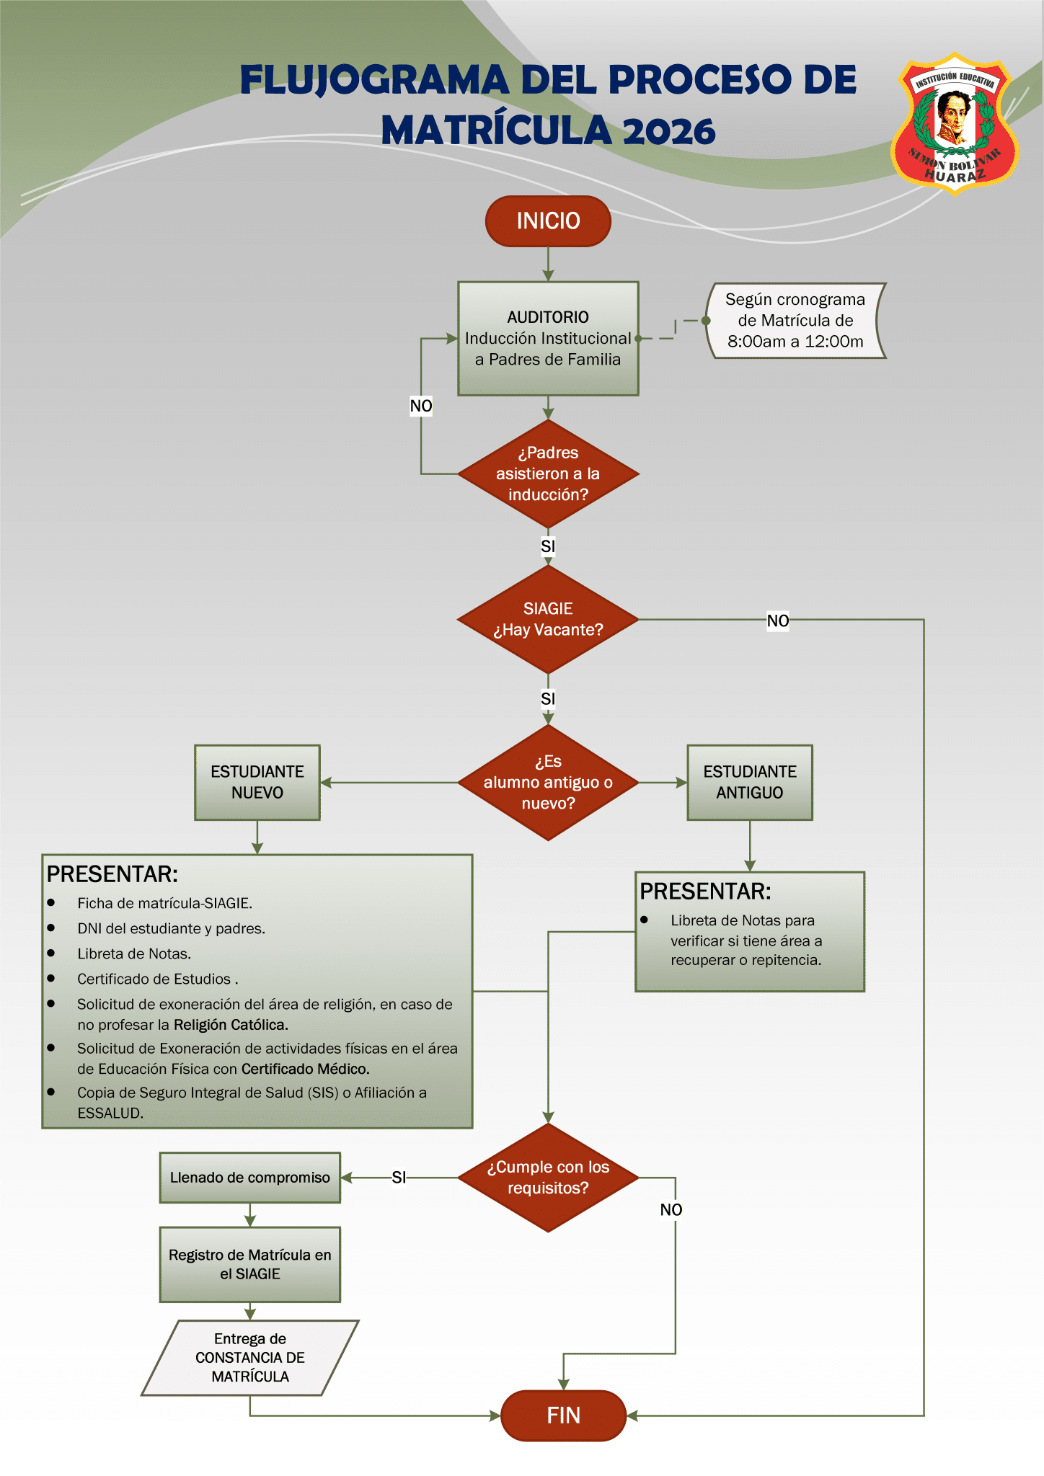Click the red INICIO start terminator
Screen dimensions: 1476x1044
548,221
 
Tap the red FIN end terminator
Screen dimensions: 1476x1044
563,1415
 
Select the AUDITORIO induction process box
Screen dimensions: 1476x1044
548,338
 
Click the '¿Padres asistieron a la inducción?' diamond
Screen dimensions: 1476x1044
548,474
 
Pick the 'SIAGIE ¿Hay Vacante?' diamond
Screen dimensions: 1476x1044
548,619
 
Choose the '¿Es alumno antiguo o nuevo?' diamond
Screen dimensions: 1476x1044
548,782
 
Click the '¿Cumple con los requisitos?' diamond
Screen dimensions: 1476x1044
548,1178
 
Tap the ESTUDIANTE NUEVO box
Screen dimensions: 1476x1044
257,782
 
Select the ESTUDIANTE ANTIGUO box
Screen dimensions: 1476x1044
750,782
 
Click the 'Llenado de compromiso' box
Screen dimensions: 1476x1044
249,1178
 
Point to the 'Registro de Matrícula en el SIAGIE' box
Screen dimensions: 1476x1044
249,1264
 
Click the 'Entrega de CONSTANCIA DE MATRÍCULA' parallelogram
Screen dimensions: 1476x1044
249,1358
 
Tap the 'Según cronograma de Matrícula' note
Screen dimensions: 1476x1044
795,320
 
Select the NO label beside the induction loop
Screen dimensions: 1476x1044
421,406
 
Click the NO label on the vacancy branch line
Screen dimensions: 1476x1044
777,621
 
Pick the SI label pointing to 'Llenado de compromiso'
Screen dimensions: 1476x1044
399,1178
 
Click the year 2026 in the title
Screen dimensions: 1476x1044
668,131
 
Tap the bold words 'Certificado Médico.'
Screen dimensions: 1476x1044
305,1069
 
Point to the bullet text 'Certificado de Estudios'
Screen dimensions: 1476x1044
154,979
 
